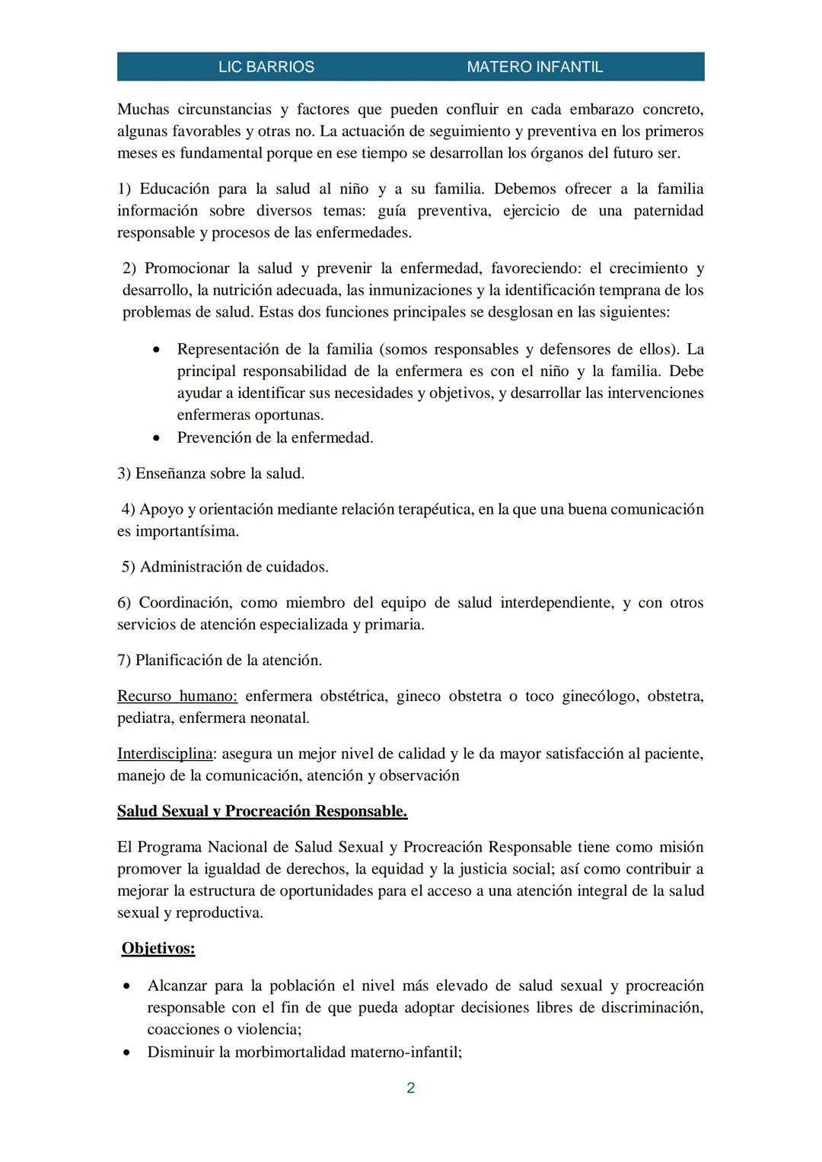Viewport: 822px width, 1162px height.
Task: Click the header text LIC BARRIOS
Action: coord(266,67)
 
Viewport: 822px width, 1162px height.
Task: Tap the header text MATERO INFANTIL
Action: coord(534,67)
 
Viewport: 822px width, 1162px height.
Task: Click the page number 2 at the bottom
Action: coord(411,1088)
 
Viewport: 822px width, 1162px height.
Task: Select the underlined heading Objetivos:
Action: coord(158,948)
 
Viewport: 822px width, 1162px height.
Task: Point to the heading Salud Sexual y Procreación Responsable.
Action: coord(262,811)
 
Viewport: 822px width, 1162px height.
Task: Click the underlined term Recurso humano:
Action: coord(177,696)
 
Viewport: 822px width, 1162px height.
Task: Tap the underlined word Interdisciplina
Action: coord(164,754)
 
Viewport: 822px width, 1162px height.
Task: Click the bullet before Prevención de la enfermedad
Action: coord(156,438)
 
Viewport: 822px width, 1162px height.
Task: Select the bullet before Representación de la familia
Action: coord(156,350)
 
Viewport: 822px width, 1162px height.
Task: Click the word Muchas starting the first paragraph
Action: coord(143,110)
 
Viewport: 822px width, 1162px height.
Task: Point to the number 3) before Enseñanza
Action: coord(124,473)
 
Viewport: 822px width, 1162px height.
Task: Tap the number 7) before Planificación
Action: coord(124,661)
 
